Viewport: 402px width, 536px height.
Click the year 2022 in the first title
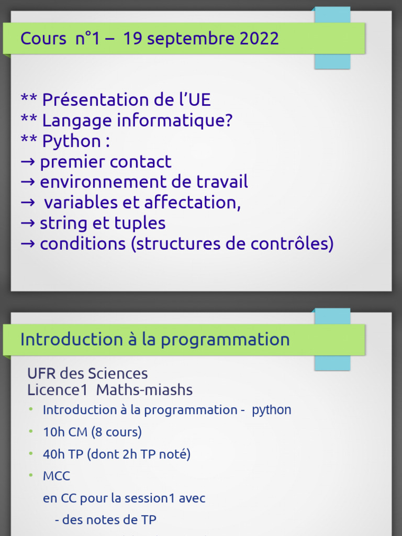click(260, 39)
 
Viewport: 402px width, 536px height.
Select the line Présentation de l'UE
click(116, 99)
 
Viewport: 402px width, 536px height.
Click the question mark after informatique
click(228, 120)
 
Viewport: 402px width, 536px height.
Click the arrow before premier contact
click(28, 162)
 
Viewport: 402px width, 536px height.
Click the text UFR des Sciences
click(87, 374)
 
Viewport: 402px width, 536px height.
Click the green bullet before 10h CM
click(31, 431)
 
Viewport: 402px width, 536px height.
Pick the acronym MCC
click(57, 476)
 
